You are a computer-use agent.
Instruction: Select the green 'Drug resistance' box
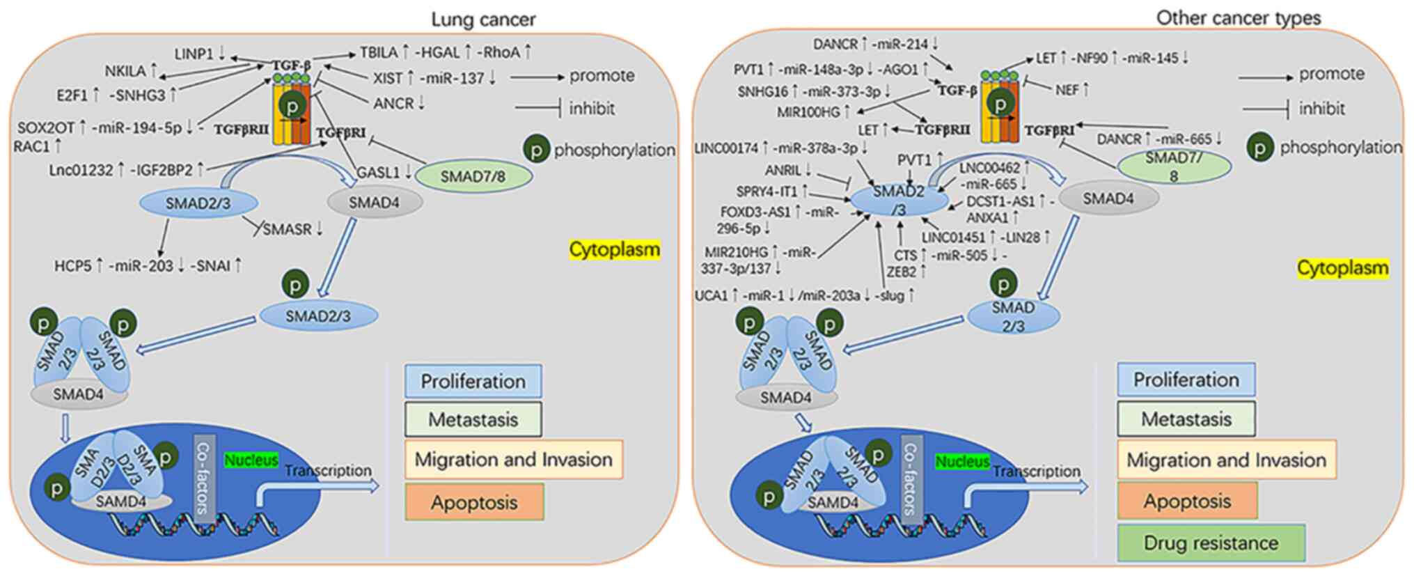(x=1211, y=543)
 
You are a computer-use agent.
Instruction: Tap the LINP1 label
(x=194, y=53)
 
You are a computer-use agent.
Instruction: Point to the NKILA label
(x=125, y=71)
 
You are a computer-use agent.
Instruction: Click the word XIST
(x=388, y=78)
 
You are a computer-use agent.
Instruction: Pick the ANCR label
(x=393, y=104)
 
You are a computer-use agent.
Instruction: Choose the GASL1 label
(x=378, y=172)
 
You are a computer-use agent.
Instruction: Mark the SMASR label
(x=288, y=229)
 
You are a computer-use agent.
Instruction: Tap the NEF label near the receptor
(x=1067, y=90)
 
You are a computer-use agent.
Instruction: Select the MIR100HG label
(x=808, y=111)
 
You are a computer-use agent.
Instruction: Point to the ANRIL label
(x=783, y=170)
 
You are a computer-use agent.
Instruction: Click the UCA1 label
(x=711, y=296)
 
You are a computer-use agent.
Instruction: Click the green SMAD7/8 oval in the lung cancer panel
(x=473, y=176)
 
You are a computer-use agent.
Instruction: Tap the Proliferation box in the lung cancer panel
(x=473, y=382)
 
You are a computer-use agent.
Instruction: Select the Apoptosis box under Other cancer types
(x=1187, y=501)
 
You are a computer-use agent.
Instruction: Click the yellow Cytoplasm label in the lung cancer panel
(x=614, y=249)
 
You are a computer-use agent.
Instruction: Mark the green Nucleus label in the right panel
(x=962, y=462)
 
